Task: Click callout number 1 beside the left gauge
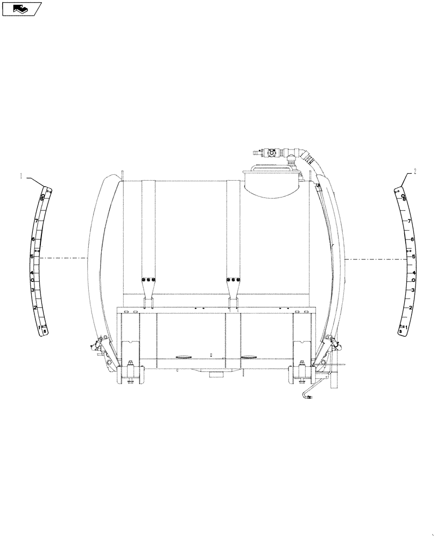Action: tap(22, 175)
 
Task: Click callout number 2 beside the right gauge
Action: tap(415, 172)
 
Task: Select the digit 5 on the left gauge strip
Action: tap(32, 257)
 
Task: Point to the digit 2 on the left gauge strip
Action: tap(35, 308)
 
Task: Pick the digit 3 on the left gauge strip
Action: tap(33, 291)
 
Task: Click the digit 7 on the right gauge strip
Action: tap(410, 221)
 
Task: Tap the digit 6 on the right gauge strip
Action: tap(412, 239)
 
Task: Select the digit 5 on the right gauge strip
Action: tap(413, 257)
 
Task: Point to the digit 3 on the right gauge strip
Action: tap(412, 291)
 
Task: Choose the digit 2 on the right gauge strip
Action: tap(411, 308)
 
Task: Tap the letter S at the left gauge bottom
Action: tap(45, 332)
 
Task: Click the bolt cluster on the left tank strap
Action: tap(148, 279)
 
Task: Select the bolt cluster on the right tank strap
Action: tap(233, 279)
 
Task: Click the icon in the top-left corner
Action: tap(21, 9)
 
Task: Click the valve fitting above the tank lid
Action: tap(272, 152)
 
